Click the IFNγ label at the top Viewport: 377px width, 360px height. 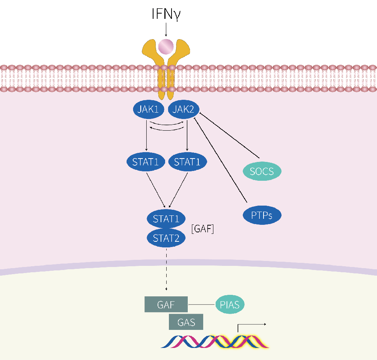pos(166,14)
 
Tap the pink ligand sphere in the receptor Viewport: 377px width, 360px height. pos(166,46)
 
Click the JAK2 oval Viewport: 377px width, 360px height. pos(183,110)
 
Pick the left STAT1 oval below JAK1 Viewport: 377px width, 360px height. pos(146,162)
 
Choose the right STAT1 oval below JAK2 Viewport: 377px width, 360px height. pos(187,162)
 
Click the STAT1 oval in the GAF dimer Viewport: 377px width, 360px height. pos(166,219)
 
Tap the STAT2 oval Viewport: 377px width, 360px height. pos(166,238)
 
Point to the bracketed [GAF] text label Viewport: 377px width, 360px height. pos(203,229)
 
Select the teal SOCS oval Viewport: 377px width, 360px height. pos(262,171)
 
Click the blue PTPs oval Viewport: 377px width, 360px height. pos(262,215)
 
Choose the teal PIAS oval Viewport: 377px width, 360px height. pos(230,305)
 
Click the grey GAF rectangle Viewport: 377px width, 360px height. pos(166,305)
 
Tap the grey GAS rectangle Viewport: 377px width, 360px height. pos(186,322)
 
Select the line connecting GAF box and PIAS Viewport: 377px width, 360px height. pos(202,305)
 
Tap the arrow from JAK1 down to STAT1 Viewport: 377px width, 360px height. pos(146,136)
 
